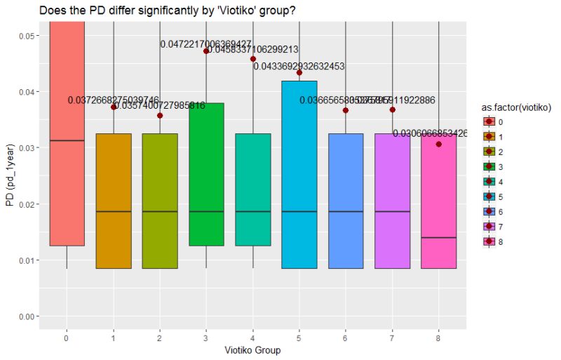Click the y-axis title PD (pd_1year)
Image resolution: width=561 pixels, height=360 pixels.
point(10,175)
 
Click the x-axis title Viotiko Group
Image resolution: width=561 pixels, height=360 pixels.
point(252,349)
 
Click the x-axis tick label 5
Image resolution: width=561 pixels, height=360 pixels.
point(299,338)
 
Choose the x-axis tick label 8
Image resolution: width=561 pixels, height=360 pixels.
point(439,338)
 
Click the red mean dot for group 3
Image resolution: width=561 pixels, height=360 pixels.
point(206,51)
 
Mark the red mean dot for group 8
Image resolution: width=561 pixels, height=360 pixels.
point(439,144)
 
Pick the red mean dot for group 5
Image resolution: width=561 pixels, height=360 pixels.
point(299,72)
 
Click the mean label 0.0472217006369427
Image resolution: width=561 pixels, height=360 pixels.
point(205,44)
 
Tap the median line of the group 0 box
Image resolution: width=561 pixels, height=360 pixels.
point(67,140)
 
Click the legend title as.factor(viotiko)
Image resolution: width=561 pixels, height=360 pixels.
point(515,107)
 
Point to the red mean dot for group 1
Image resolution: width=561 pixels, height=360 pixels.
point(114,107)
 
